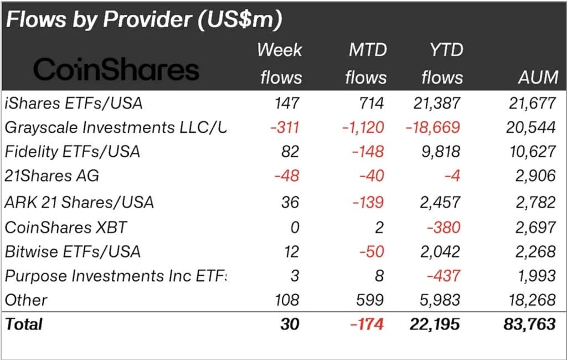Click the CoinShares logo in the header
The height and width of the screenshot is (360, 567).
[x=116, y=70]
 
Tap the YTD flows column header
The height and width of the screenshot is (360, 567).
[x=441, y=63]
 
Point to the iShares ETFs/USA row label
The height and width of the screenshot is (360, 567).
[x=74, y=103]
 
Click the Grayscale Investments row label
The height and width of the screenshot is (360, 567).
[x=116, y=127]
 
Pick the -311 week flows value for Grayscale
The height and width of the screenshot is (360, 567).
[x=285, y=127]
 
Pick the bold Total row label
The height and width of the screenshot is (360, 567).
[x=24, y=324]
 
